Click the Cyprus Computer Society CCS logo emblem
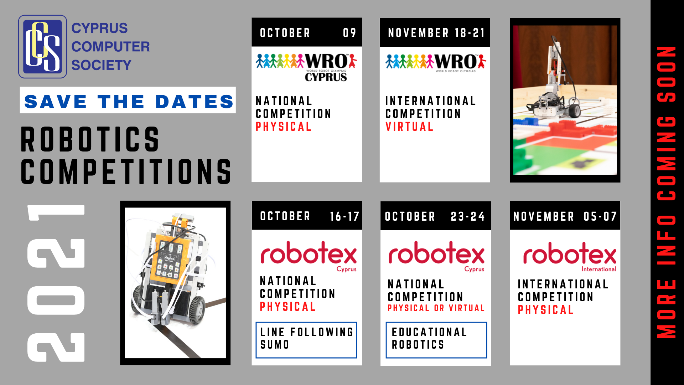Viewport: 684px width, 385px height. click(x=42, y=46)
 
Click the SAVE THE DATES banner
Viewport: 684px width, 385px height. click(x=128, y=100)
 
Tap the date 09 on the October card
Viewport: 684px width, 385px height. click(x=349, y=33)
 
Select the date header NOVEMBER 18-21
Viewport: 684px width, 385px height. click(x=436, y=33)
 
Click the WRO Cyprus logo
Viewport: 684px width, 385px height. click(x=306, y=67)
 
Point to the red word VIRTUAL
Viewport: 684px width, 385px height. click(x=409, y=127)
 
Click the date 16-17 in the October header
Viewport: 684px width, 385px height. click(x=344, y=216)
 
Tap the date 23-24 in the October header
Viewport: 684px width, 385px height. click(x=468, y=216)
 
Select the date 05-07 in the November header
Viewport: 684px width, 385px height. click(x=600, y=216)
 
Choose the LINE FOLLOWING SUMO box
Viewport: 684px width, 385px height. click(x=306, y=340)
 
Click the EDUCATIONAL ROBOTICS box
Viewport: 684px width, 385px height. click(x=436, y=340)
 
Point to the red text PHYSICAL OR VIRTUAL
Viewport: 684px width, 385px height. click(x=436, y=308)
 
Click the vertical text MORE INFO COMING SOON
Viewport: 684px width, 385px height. click(x=666, y=192)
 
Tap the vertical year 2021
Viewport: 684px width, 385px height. click(x=56, y=283)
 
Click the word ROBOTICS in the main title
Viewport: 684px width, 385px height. click(x=90, y=139)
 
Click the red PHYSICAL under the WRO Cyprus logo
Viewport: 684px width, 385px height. click(x=284, y=127)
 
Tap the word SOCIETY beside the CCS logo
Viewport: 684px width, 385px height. click(x=101, y=65)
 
